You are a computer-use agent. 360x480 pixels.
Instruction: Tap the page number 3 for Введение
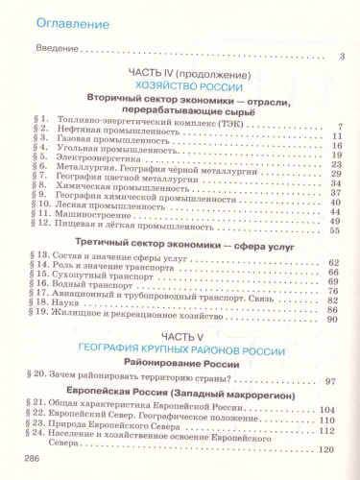point(342,59)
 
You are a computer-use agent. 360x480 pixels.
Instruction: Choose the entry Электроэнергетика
point(101,158)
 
